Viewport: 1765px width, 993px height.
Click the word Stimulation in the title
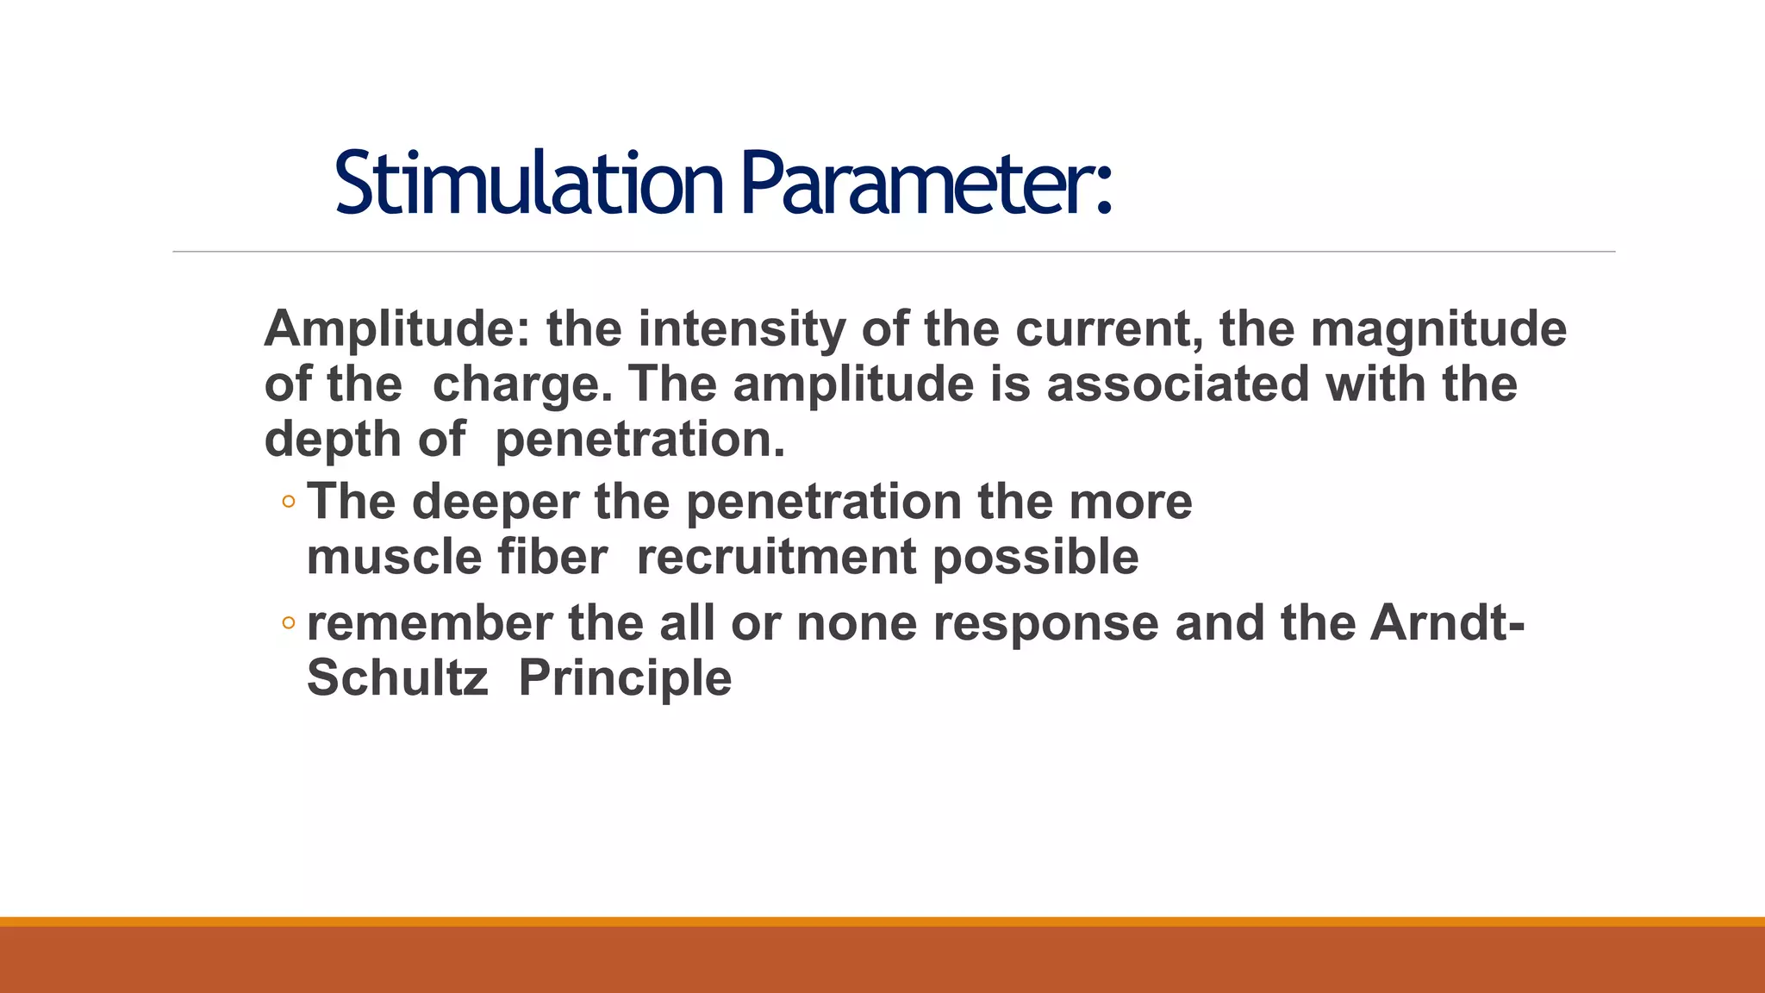(x=528, y=183)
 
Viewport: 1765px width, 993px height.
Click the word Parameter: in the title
(x=926, y=183)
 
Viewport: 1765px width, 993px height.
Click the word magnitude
(x=1438, y=329)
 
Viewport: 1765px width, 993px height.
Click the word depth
(x=333, y=440)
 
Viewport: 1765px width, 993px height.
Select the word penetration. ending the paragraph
(x=640, y=440)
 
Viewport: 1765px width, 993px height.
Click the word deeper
(x=496, y=502)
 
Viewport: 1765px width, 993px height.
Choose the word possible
(x=1036, y=557)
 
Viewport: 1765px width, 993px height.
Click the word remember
(x=429, y=623)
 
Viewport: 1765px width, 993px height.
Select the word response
(x=1045, y=623)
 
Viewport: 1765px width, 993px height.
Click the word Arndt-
(x=1447, y=623)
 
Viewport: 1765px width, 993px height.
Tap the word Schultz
(x=397, y=678)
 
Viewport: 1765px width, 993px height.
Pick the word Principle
(x=625, y=678)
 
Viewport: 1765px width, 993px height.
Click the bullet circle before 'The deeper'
(x=289, y=503)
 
